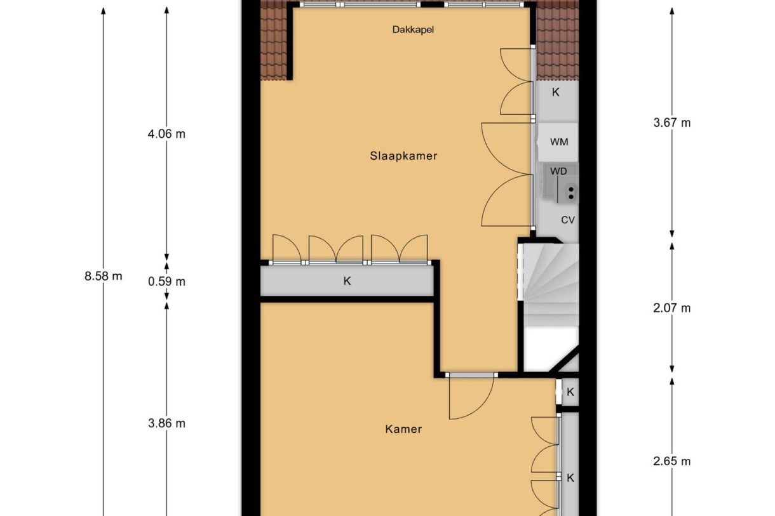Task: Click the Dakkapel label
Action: pos(412,29)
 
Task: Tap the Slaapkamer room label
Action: pos(403,155)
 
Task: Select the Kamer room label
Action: pos(403,429)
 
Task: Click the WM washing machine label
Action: pos(559,142)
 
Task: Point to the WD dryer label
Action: pos(558,171)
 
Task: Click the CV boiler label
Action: pos(567,220)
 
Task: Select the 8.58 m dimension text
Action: pos(103,276)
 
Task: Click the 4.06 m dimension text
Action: pos(166,134)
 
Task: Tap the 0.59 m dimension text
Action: pos(166,281)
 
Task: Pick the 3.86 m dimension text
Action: pos(166,423)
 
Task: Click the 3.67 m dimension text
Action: pos(671,123)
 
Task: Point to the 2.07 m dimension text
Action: pos(671,308)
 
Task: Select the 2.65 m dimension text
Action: pos(671,461)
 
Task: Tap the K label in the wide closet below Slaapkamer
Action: pos(347,281)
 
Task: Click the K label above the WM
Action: pos(555,92)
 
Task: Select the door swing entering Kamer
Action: pos(470,398)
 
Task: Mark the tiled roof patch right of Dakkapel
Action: pos(557,41)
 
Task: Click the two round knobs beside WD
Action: pos(571,192)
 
